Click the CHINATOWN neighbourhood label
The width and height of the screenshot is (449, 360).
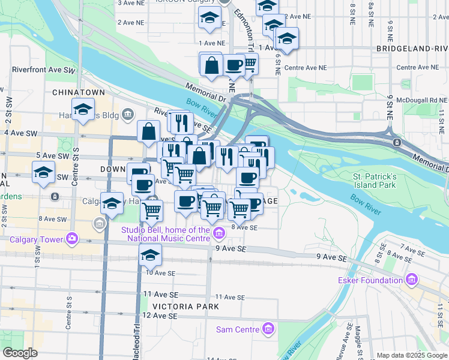pos(79,92)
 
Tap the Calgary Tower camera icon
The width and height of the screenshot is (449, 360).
pos(73,238)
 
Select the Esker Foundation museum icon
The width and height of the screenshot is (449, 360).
pos(411,280)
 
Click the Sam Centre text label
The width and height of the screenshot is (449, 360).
pos(239,329)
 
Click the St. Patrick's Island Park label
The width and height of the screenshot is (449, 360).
pos(375,181)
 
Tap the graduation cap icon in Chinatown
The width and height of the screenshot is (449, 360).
pos(83,110)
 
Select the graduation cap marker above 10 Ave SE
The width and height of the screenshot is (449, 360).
pos(150,255)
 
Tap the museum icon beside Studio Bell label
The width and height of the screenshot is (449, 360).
pos(219,232)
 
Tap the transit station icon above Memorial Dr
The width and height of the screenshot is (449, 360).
pos(397,142)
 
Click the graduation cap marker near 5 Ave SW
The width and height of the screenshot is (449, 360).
pos(44,173)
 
